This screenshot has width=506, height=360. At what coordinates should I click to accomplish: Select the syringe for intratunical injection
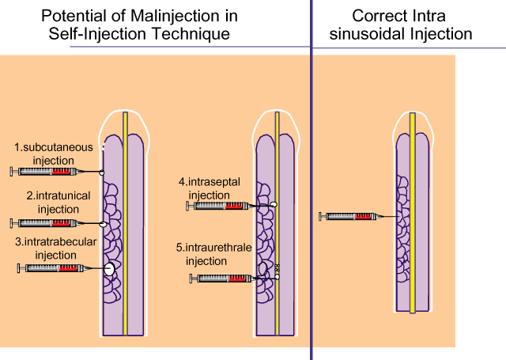point(47,223)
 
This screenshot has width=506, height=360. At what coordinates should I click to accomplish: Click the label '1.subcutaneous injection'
point(54,153)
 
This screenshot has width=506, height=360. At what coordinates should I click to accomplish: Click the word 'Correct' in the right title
point(376,15)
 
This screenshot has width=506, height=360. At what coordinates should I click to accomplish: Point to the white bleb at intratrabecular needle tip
point(109,269)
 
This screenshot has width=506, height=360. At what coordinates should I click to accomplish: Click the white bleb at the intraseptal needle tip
point(274,206)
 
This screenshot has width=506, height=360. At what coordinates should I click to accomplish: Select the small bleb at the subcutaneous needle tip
point(101,172)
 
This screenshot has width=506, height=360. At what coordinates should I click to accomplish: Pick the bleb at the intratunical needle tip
point(103,223)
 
